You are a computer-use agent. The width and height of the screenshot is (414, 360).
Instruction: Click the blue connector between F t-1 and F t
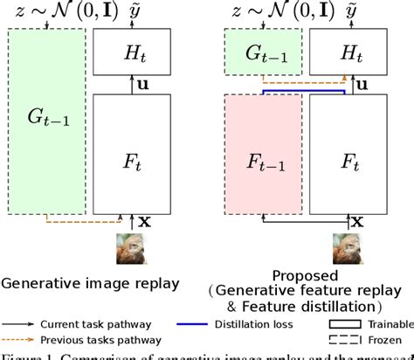299,89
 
